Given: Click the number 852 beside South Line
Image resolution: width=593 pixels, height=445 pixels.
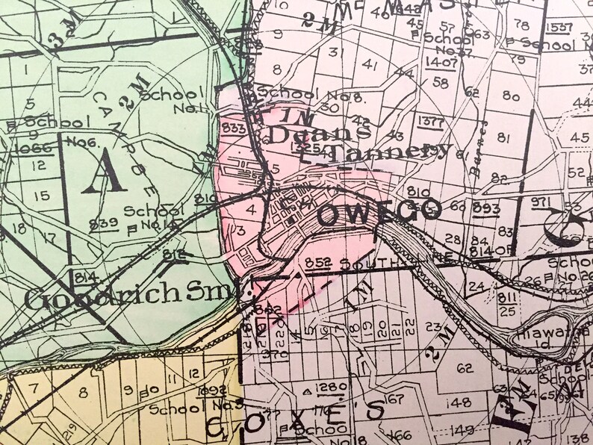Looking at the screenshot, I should coord(317,263).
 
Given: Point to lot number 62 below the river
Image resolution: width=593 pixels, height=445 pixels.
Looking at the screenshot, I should coord(465,367).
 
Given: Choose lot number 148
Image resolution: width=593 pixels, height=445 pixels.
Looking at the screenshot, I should coord(461,404).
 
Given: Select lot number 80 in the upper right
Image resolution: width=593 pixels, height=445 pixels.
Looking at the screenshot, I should coord(511,96).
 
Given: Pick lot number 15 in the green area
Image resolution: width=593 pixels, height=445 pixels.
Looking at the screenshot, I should coord(41,196).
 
